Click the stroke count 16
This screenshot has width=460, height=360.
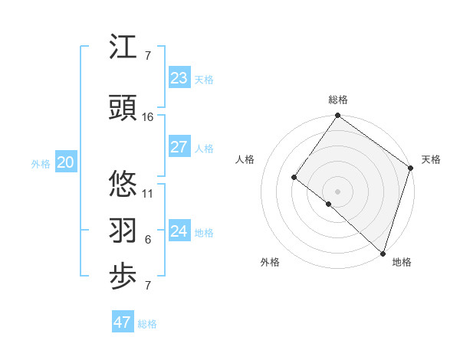coord(148,116)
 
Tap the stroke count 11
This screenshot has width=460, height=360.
coord(148,193)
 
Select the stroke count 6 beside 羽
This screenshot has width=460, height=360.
coord(148,240)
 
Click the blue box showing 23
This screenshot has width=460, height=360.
coord(179,78)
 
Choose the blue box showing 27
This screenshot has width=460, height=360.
coord(179,147)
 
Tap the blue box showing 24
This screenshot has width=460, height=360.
coord(179,231)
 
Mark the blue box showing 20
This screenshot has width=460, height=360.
coord(66,162)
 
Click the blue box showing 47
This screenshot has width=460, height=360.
coord(123,322)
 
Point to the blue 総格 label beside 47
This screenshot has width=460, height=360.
coord(147,324)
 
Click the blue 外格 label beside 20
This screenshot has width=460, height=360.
coord(41,164)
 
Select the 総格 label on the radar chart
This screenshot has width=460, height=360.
coord(338,100)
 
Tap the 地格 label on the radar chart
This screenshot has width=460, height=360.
coord(402,262)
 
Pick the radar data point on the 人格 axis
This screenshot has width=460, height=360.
coord(294,177)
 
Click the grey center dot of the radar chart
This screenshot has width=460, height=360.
coord(337,191)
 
